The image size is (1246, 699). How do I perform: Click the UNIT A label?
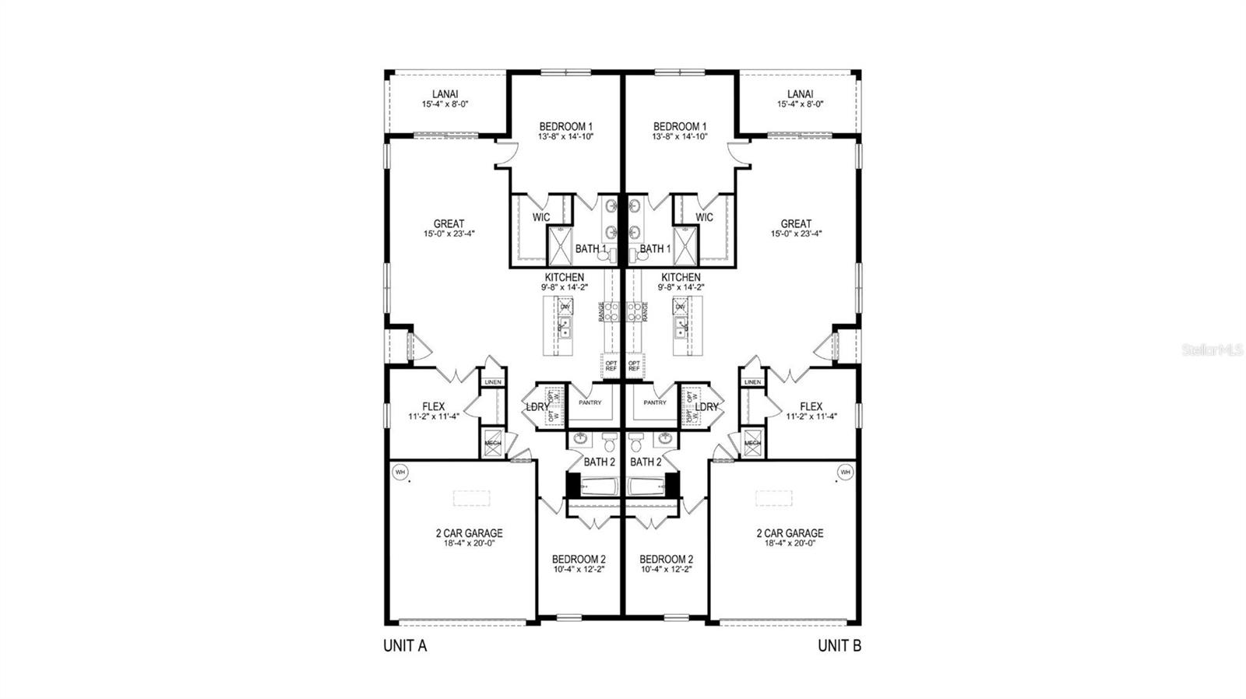pyautogui.click(x=405, y=645)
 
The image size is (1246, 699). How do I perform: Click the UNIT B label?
pyautogui.click(x=839, y=645)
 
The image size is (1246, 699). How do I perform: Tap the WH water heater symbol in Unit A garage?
pyautogui.click(x=400, y=472)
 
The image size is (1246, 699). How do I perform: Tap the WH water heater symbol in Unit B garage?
pyautogui.click(x=844, y=472)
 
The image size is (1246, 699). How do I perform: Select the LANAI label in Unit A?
pyautogui.click(x=445, y=94)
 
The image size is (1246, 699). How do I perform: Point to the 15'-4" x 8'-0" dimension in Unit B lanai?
pyautogui.click(x=800, y=104)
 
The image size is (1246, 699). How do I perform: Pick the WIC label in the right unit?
pyautogui.click(x=704, y=217)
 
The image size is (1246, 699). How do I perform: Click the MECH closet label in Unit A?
pyautogui.click(x=492, y=443)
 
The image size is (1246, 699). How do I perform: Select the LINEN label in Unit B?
pyautogui.click(x=752, y=382)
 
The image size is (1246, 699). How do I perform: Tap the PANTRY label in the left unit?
pyautogui.click(x=590, y=402)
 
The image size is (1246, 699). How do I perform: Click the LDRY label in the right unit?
pyautogui.click(x=706, y=407)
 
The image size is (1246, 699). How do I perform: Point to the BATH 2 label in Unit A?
pyautogui.click(x=600, y=462)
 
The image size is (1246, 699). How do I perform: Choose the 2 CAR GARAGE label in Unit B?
pyautogui.click(x=790, y=533)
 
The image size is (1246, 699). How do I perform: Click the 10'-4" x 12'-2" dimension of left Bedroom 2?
pyautogui.click(x=579, y=569)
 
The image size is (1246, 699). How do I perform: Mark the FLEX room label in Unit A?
pyautogui.click(x=434, y=406)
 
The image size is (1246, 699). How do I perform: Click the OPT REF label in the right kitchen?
pyautogui.click(x=634, y=364)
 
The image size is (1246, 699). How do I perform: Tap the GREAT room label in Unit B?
pyautogui.click(x=796, y=223)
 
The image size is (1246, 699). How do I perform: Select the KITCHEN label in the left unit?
pyautogui.click(x=565, y=277)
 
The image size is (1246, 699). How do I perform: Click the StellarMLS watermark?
pyautogui.click(x=1213, y=350)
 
